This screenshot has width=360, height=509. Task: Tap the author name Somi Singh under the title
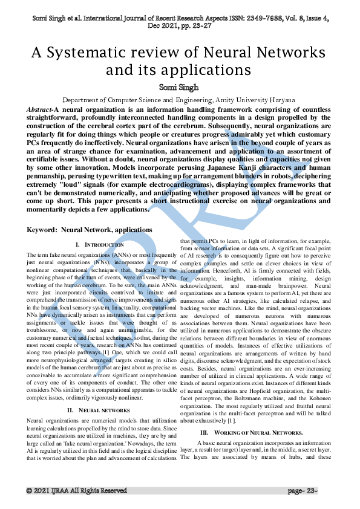coord(180,88)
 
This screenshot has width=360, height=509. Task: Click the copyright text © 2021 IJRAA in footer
coord(76,490)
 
